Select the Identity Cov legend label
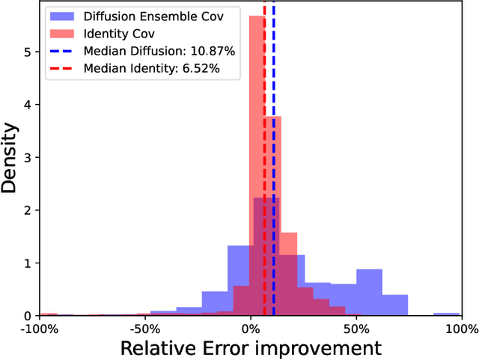116,34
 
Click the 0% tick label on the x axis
251,329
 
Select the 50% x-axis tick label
357,329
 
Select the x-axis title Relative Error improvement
251,348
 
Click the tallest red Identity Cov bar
257,112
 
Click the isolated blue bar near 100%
447,314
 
